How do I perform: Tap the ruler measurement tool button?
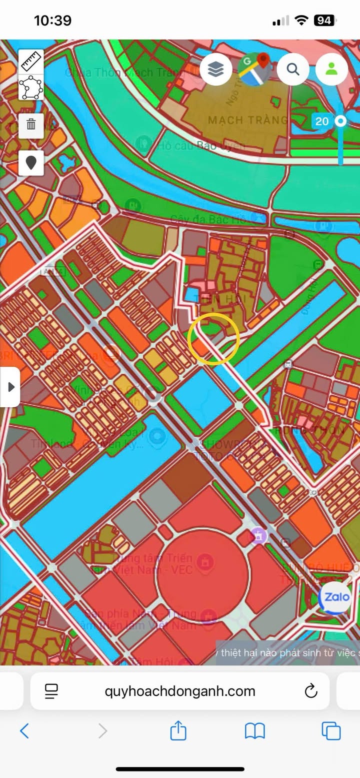click(31, 62)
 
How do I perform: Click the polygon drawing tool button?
click(31, 88)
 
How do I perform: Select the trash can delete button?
click(31, 124)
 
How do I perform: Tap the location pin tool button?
click(31, 163)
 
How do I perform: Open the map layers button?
click(215, 70)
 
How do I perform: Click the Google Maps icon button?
click(254, 70)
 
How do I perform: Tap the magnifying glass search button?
click(293, 70)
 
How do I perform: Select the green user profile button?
click(331, 70)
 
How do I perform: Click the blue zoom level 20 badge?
click(322, 121)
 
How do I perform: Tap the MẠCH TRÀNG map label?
click(247, 120)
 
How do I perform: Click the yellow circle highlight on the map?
click(213, 339)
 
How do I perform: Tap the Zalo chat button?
click(335, 597)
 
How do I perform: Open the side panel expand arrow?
click(10, 387)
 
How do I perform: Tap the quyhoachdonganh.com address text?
click(180, 691)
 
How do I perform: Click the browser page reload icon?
click(311, 691)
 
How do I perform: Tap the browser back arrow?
click(24, 731)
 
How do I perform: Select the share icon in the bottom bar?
click(178, 731)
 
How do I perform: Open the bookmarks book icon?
click(254, 731)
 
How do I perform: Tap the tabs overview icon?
click(331, 731)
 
